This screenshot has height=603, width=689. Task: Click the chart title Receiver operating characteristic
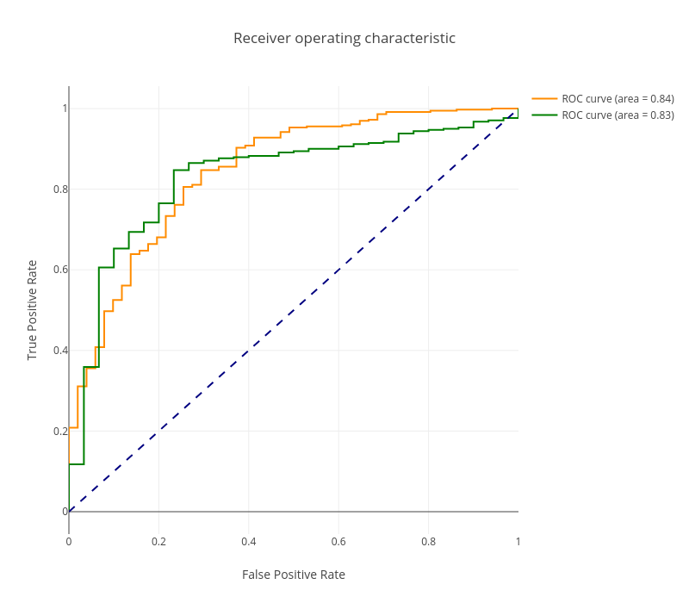point(344,39)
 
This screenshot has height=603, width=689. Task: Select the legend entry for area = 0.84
point(618,99)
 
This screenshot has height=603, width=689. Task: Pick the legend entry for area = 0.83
point(618,115)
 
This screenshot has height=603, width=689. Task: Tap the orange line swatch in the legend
point(544,99)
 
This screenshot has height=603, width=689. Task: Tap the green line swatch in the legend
point(544,115)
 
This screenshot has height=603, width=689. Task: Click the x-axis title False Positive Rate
point(294,575)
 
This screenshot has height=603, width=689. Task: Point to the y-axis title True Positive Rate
point(33,310)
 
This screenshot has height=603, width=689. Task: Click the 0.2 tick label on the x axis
point(158,542)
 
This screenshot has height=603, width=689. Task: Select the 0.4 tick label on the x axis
point(249,542)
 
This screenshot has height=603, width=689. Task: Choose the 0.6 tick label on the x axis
point(338,542)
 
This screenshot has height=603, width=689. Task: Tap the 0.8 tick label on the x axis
point(428,542)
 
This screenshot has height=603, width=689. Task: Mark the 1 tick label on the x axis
point(518,542)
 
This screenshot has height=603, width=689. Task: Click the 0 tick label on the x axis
point(69,542)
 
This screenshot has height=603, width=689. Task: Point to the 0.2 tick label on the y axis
point(59,432)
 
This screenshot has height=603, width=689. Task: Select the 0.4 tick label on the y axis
point(59,351)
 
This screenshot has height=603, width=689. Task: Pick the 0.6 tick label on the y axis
point(59,270)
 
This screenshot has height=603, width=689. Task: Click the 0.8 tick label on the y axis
point(59,190)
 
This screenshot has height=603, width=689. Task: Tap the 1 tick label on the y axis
point(64,109)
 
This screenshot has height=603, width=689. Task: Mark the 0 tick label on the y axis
point(65,512)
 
